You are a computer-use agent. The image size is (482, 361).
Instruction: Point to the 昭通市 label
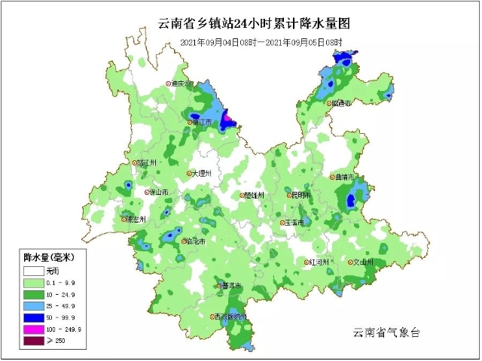click(x=341, y=104)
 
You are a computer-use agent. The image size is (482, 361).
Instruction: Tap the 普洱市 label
click(x=232, y=286)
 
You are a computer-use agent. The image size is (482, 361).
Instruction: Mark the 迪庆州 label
click(x=182, y=83)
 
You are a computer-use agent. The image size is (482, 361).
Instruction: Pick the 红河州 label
click(x=319, y=262)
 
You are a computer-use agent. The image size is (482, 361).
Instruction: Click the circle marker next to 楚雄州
click(x=243, y=196)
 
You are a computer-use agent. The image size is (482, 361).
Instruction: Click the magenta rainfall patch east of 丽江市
click(x=227, y=117)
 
